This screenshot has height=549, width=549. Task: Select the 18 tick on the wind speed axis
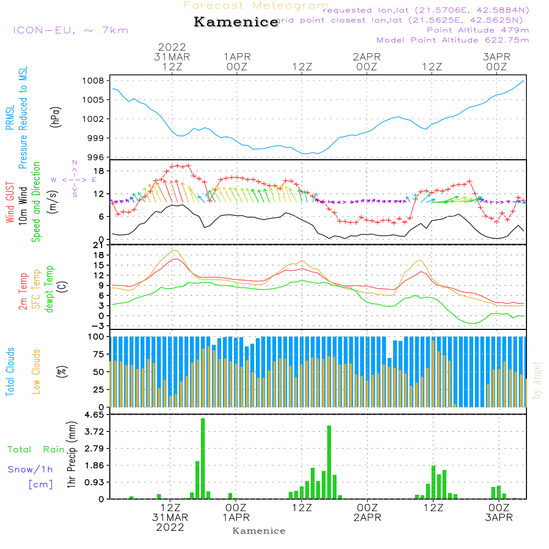(x=99, y=171)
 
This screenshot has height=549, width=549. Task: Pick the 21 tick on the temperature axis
(x=99, y=244)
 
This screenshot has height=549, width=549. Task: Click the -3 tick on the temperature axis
(x=97, y=326)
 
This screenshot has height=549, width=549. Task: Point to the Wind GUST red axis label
(x=9, y=203)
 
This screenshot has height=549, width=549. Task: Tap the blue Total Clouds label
(x=9, y=372)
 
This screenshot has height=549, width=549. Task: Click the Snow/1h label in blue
(x=30, y=469)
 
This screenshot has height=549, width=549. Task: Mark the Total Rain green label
(x=36, y=450)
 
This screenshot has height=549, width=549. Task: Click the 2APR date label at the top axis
(x=367, y=57)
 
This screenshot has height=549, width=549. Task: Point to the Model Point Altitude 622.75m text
(x=452, y=40)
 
